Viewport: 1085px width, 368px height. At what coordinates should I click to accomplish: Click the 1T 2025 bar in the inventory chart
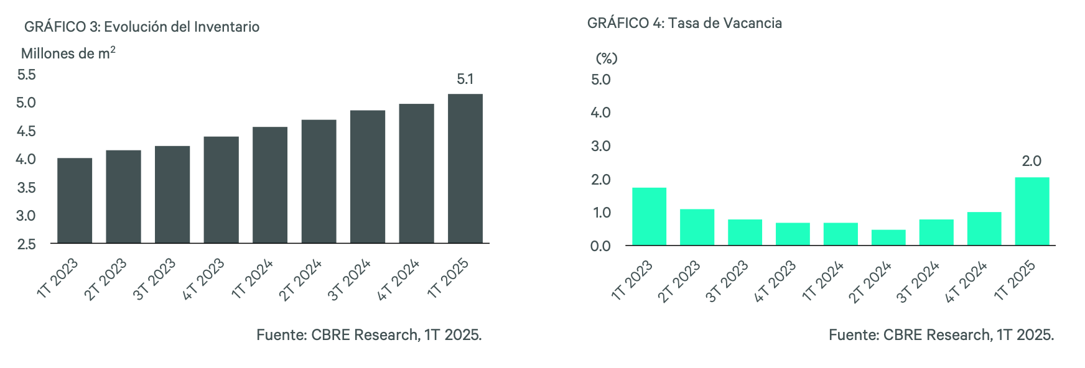pyautogui.click(x=465, y=168)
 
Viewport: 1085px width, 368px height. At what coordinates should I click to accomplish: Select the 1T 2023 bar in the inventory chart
pyautogui.click(x=75, y=200)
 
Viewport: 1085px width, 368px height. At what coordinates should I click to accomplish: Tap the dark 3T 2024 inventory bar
pyautogui.click(x=367, y=177)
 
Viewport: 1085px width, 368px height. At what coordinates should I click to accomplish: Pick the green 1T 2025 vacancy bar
pyautogui.click(x=1031, y=211)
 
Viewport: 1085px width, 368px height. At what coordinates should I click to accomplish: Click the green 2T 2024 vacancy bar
pyautogui.click(x=888, y=237)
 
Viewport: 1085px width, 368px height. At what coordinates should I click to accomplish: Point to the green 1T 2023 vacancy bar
pyautogui.click(x=649, y=216)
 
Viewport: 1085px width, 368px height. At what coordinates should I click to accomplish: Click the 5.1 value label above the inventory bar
pyautogui.click(x=465, y=79)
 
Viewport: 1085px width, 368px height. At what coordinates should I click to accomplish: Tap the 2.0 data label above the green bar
pyautogui.click(x=1031, y=161)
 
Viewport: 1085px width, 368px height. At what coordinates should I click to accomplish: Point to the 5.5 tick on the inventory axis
pyautogui.click(x=27, y=75)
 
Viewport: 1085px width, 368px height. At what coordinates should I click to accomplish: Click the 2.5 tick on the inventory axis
pyautogui.click(x=27, y=244)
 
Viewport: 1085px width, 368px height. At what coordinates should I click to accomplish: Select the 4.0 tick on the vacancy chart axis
pyautogui.click(x=600, y=113)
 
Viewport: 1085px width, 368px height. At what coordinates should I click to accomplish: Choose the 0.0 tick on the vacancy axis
pyautogui.click(x=600, y=246)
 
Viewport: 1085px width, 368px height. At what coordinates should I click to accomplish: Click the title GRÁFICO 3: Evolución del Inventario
pyautogui.click(x=142, y=27)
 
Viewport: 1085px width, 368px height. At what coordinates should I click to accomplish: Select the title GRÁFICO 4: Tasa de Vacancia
pyautogui.click(x=684, y=23)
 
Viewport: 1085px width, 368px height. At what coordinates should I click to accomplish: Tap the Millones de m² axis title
pyautogui.click(x=68, y=53)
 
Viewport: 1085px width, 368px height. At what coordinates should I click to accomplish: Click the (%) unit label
pyautogui.click(x=607, y=58)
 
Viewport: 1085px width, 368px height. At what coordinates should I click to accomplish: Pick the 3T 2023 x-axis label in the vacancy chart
pyautogui.click(x=727, y=282)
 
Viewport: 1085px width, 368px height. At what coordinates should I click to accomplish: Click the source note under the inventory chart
pyautogui.click(x=369, y=335)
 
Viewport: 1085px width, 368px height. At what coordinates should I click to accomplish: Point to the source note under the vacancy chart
pyautogui.click(x=941, y=335)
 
